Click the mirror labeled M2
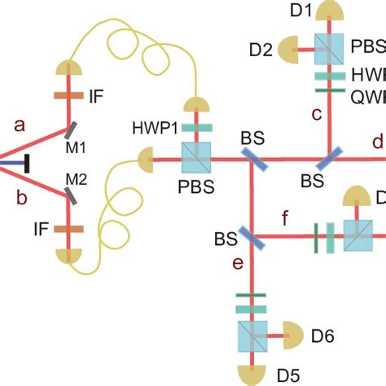click(x=72, y=195)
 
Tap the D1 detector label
click(x=302, y=10)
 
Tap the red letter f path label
click(x=283, y=218)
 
